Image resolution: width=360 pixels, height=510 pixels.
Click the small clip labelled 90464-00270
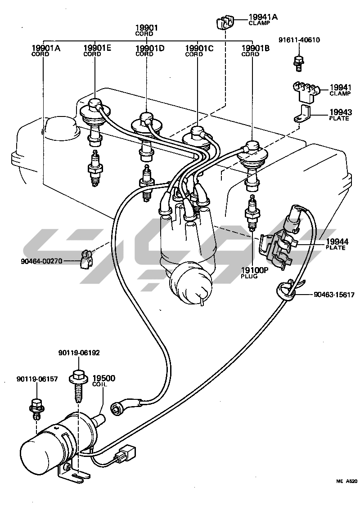click(x=85, y=260)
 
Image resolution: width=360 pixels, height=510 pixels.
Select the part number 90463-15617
click(x=334, y=295)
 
